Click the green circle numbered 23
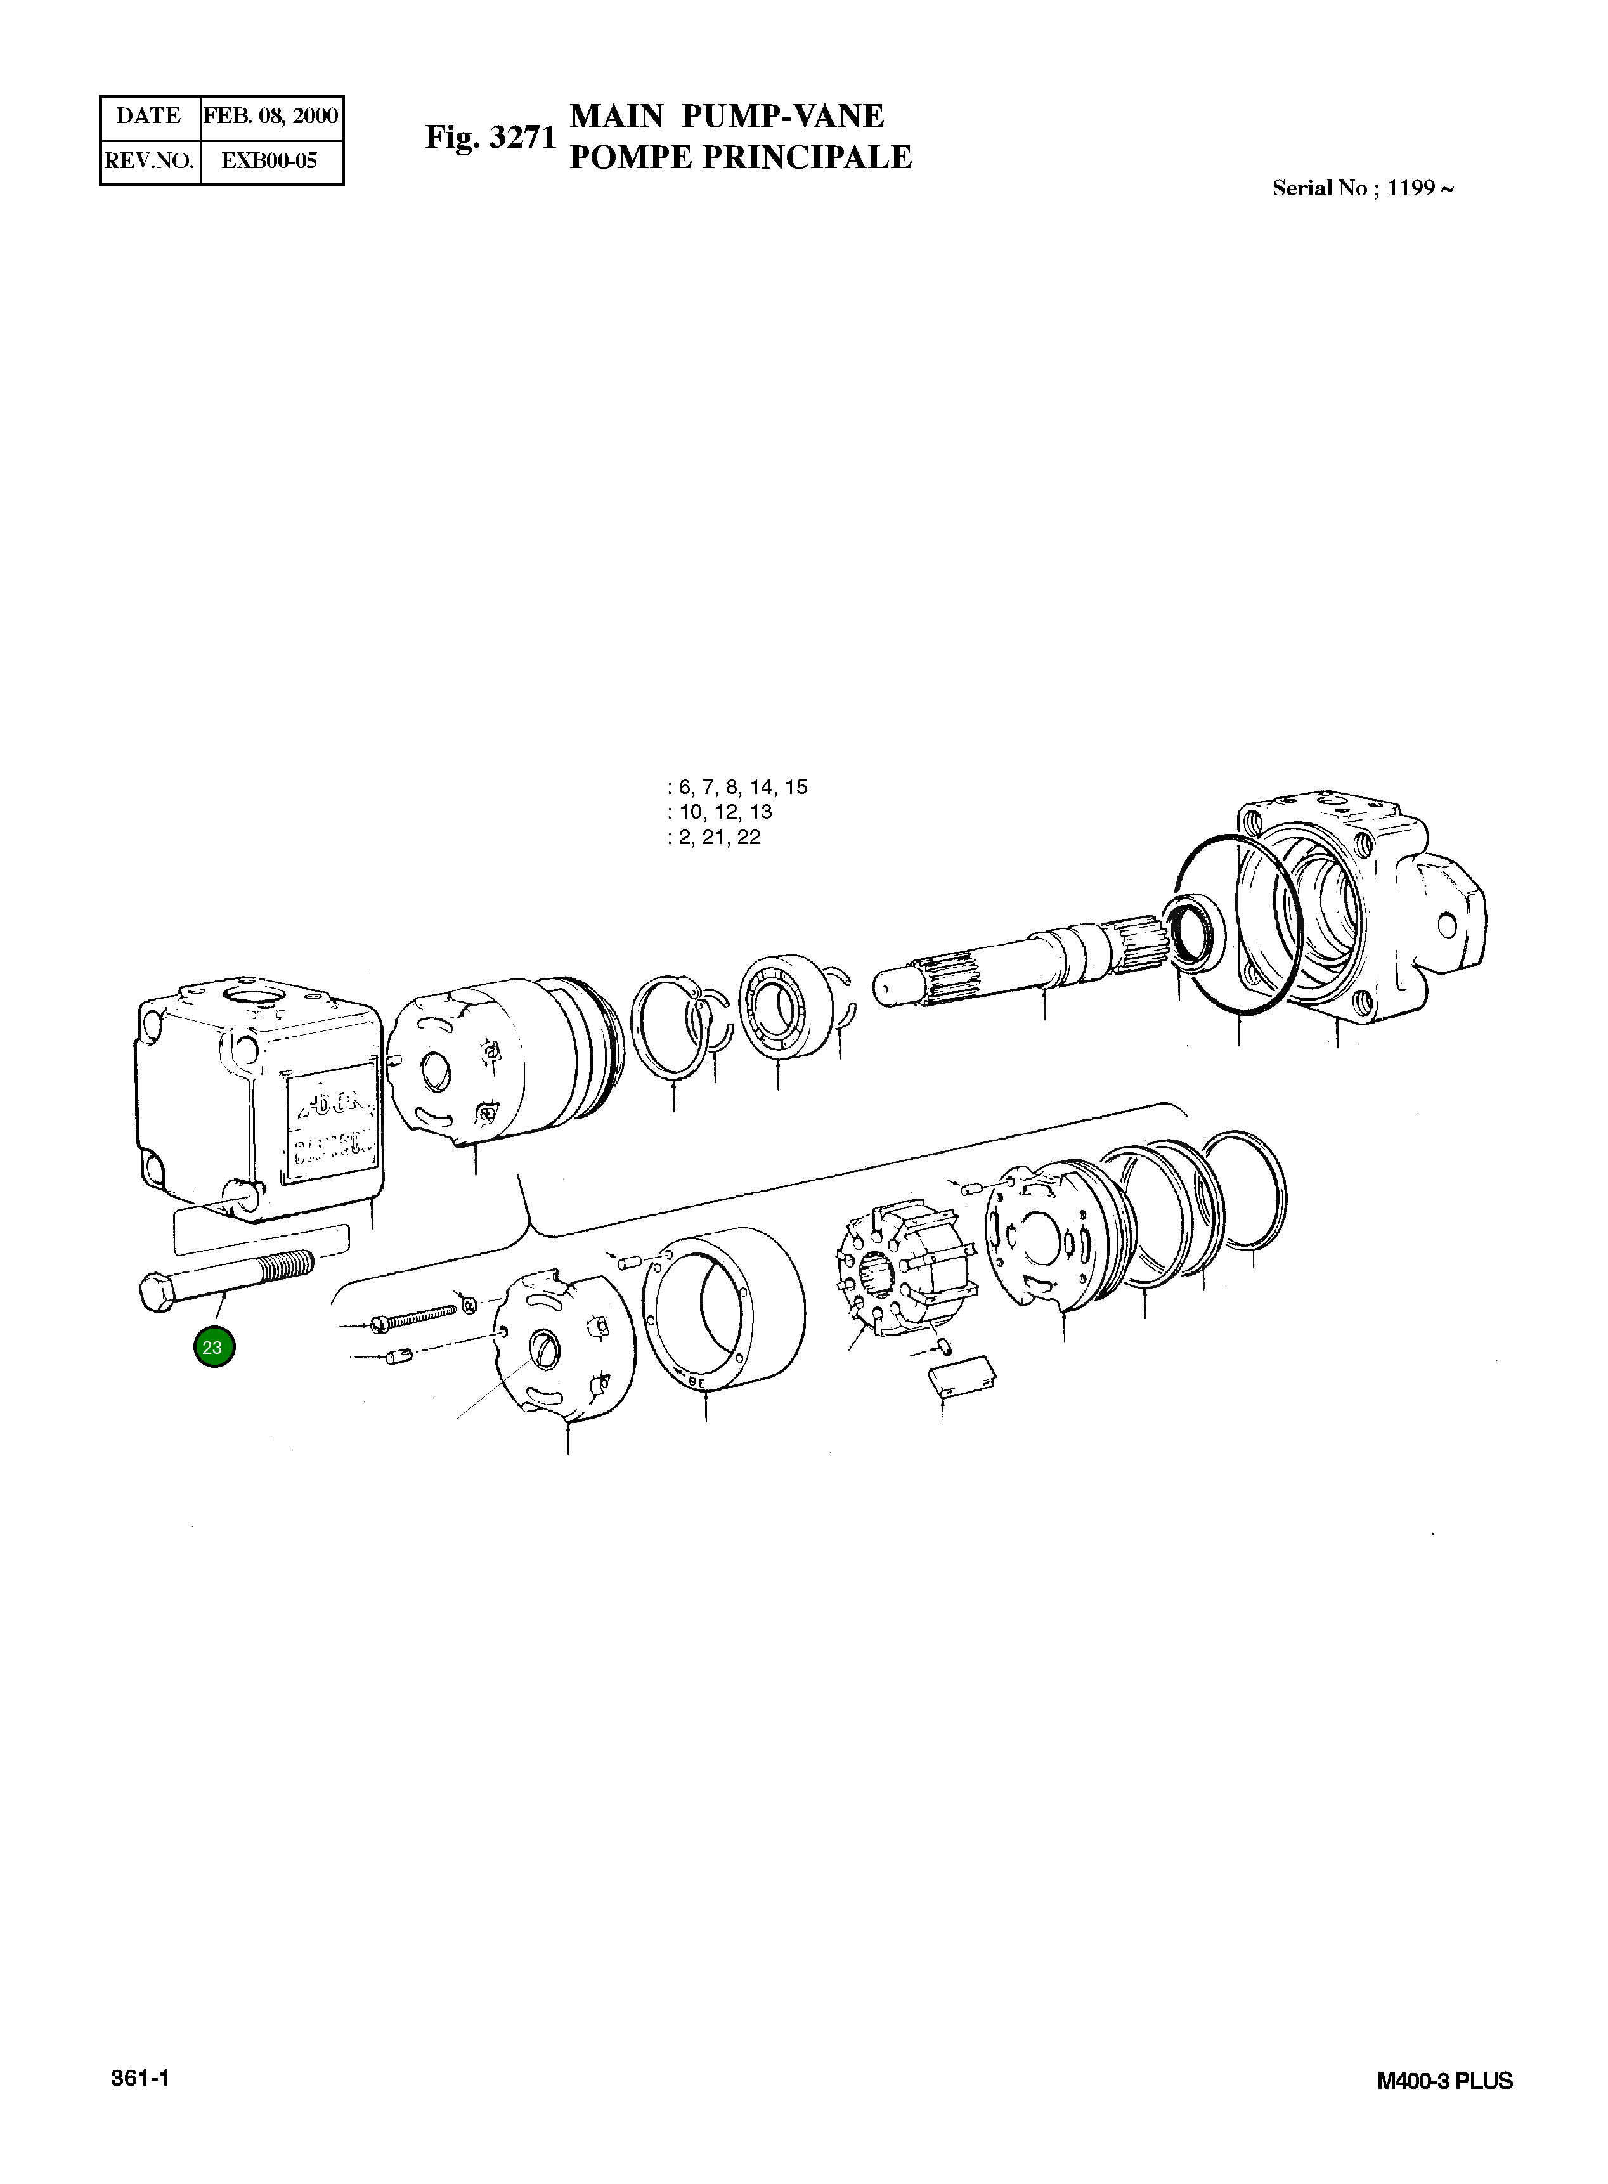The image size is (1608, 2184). coord(213,1347)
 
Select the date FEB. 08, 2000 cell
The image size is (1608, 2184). coord(271,116)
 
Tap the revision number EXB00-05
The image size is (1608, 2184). coord(269,160)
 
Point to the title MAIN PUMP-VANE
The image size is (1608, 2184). coord(726,116)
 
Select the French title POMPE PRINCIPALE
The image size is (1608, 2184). coord(740,157)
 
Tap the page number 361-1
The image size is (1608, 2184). coord(141,2078)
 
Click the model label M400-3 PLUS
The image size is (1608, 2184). coord(1444,2081)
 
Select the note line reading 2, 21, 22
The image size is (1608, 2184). coord(715,837)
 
